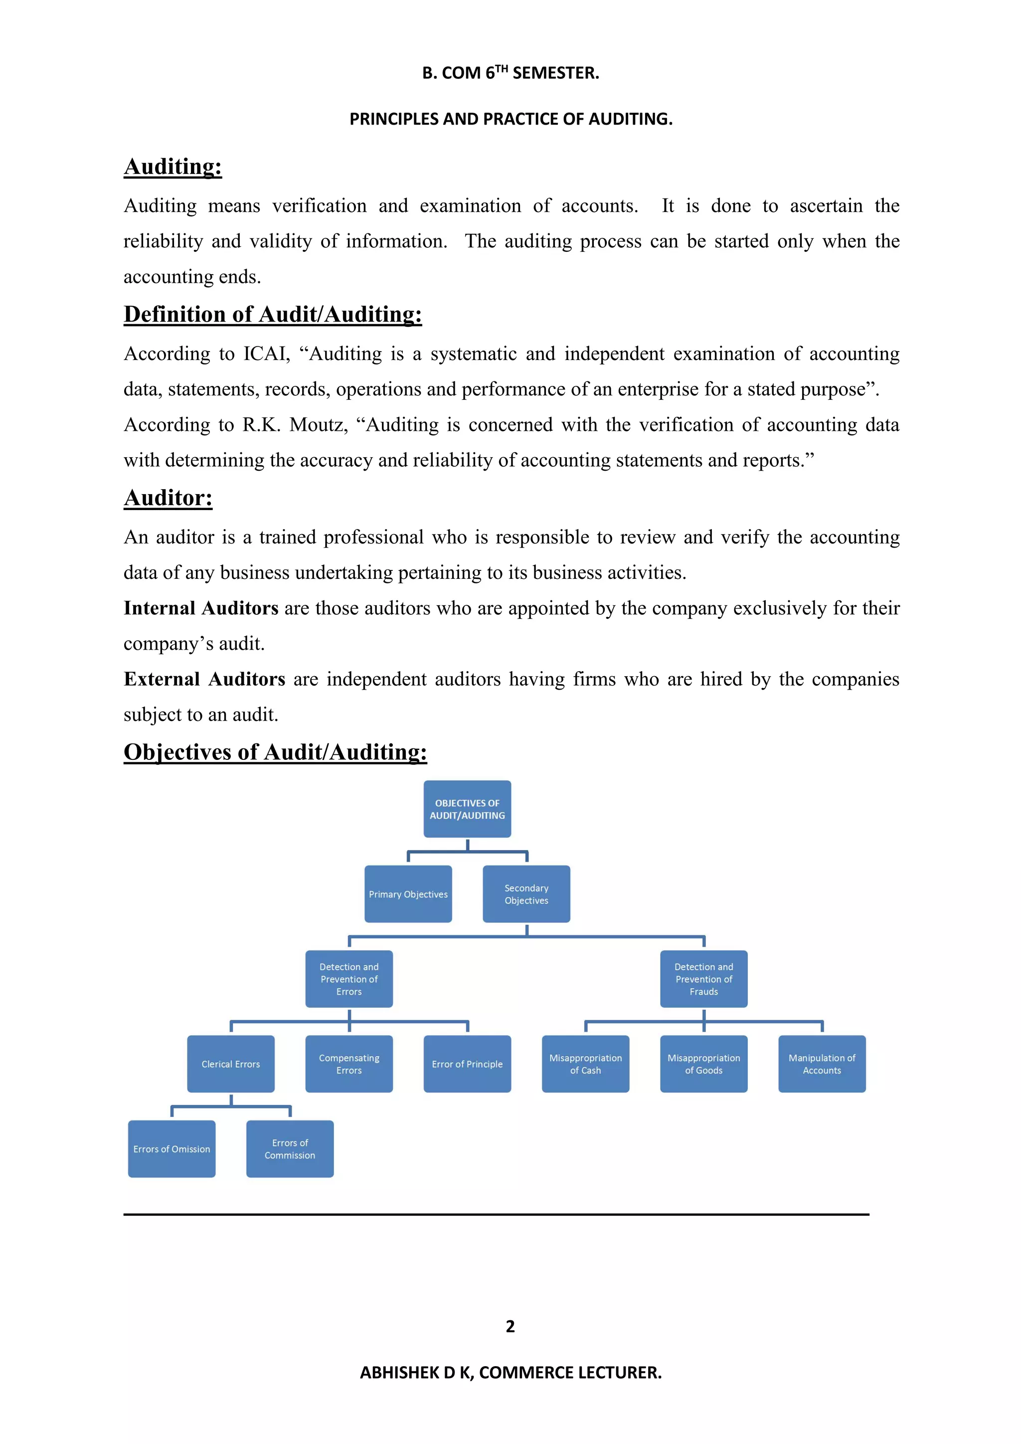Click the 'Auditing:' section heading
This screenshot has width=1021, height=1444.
tap(173, 167)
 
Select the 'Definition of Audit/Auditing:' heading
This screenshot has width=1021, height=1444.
tap(272, 315)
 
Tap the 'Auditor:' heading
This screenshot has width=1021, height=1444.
tap(168, 498)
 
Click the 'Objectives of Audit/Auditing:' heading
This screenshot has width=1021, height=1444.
tap(275, 752)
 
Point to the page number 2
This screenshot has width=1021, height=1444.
tap(510, 1326)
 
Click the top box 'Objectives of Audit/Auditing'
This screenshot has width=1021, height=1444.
tap(467, 809)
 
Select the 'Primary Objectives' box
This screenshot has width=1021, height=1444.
tap(408, 895)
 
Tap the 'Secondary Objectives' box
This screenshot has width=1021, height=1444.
tap(526, 895)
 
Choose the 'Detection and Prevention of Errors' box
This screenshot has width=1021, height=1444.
tap(349, 979)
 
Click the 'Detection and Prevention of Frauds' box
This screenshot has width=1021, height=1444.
tap(703, 979)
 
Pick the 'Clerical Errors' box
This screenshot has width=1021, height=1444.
tap(231, 1064)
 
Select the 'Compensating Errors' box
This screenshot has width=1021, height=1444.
tap(349, 1064)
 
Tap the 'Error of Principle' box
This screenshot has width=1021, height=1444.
tap(467, 1064)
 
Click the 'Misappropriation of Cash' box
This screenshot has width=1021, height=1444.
tap(585, 1064)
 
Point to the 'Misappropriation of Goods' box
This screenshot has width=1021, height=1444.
tap(703, 1064)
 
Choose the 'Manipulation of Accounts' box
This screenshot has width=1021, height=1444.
tap(822, 1064)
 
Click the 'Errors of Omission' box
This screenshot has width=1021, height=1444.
tap(171, 1149)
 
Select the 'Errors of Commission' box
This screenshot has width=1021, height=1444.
tap(290, 1149)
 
